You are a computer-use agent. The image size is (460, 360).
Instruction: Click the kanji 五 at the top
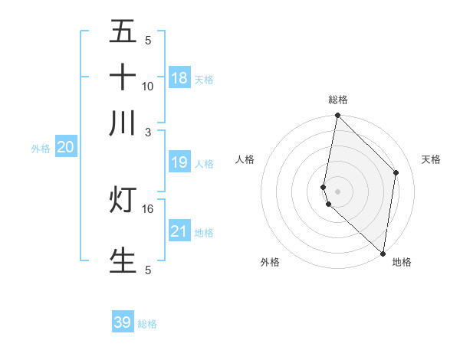click(x=123, y=31)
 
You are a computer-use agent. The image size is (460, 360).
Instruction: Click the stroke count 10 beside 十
click(x=148, y=86)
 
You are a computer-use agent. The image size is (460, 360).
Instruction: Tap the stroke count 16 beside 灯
click(x=148, y=208)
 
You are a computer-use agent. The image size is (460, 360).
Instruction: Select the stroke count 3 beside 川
click(x=148, y=132)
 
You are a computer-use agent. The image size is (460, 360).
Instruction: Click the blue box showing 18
click(x=179, y=78)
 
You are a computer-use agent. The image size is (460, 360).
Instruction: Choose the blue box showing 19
click(x=179, y=162)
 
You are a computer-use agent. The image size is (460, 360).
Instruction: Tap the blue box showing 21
click(x=179, y=231)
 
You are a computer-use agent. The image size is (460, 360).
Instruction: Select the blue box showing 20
click(x=65, y=148)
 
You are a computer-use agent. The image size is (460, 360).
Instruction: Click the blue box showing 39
click(x=123, y=322)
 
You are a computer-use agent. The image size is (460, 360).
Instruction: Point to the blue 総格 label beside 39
click(x=147, y=324)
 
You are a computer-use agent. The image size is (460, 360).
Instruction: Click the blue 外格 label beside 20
click(x=41, y=149)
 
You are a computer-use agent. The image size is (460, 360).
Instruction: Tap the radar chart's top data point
click(x=337, y=116)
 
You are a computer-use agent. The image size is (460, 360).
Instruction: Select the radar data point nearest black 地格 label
click(x=383, y=254)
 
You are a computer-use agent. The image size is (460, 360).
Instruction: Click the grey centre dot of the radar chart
click(x=337, y=191)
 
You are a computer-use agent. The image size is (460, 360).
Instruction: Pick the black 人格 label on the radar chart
click(x=245, y=159)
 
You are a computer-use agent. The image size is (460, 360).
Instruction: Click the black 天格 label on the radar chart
click(x=432, y=159)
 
